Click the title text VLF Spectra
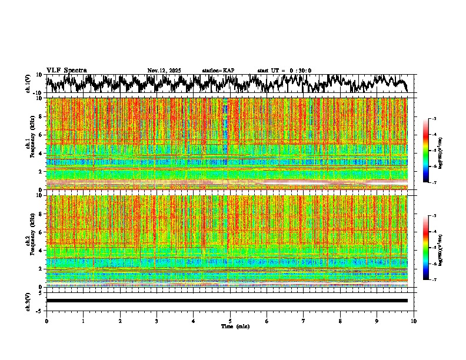[66, 71]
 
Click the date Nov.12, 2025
[164, 71]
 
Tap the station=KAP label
[218, 71]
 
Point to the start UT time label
[284, 71]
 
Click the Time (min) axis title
[235, 326]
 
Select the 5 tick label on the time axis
[230, 321]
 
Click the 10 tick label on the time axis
[414, 321]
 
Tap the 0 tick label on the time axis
[46, 321]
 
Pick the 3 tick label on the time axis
[157, 321]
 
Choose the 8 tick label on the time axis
[340, 321]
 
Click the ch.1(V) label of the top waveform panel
[28, 84]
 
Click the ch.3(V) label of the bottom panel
[28, 301]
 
